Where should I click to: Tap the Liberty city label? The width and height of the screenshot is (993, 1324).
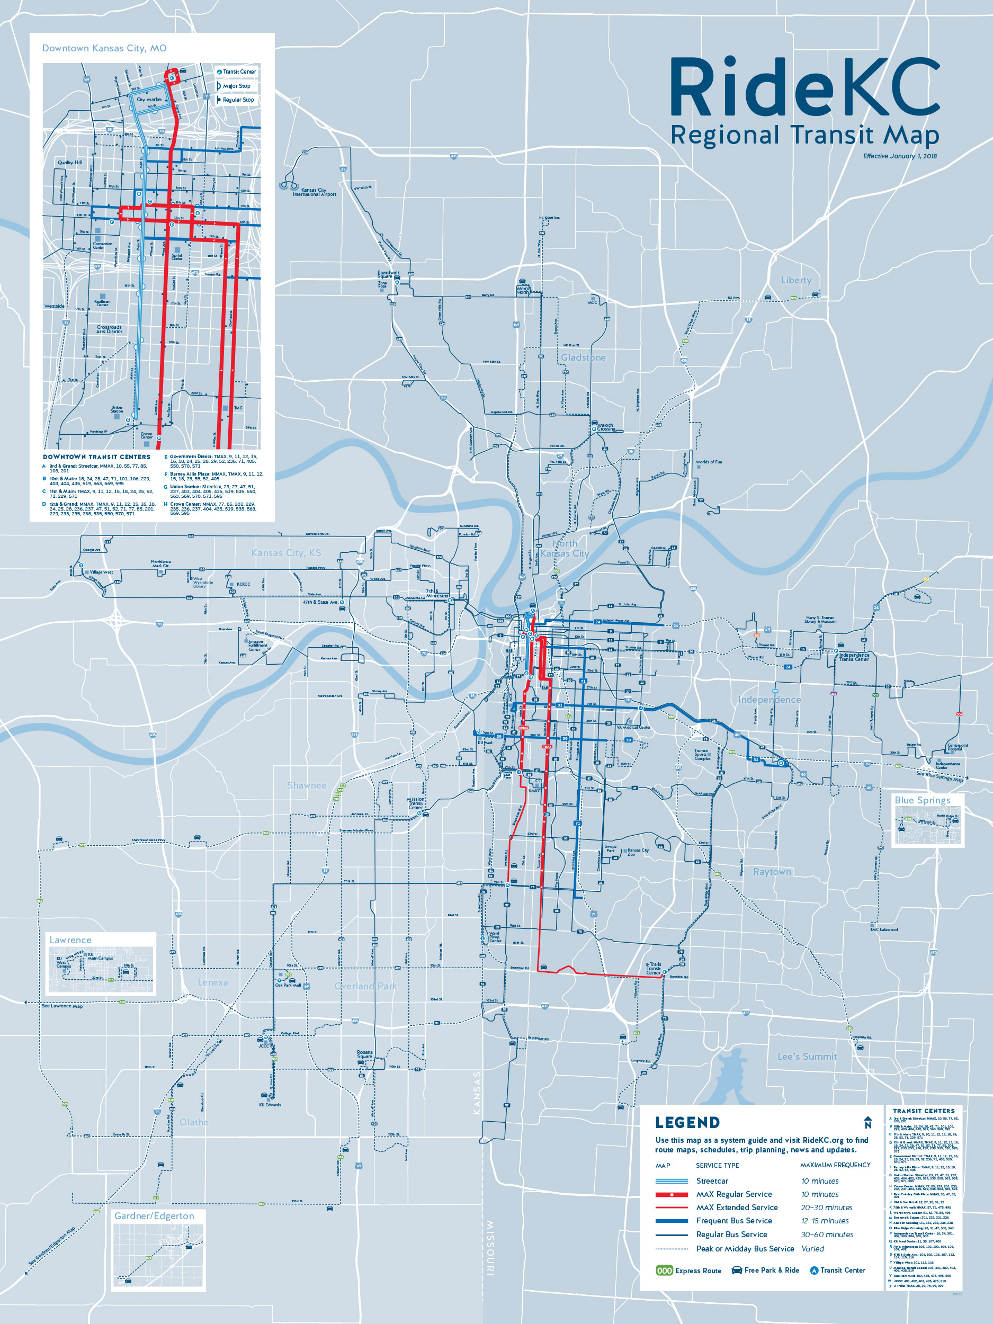(x=795, y=280)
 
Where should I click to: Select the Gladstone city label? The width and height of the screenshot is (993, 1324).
(x=583, y=357)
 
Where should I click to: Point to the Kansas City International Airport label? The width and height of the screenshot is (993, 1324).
(x=314, y=192)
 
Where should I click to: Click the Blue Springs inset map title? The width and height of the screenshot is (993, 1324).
(x=922, y=800)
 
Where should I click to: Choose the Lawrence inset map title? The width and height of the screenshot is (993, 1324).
(x=70, y=940)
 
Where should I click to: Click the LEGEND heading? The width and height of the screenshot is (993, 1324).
(x=687, y=1122)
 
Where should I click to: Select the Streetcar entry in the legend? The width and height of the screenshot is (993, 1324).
(x=712, y=1181)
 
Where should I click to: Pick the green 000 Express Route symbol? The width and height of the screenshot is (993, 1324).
(x=665, y=1270)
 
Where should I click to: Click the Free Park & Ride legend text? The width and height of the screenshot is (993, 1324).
(x=771, y=1270)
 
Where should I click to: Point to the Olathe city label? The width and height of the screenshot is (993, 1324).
(x=194, y=1122)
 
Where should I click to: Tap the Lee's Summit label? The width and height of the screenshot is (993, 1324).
(x=807, y=1057)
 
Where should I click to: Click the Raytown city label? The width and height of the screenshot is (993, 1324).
(x=772, y=872)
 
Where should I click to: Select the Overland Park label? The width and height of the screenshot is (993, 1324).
(x=365, y=986)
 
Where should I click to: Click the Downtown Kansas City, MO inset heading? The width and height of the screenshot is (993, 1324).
(x=104, y=48)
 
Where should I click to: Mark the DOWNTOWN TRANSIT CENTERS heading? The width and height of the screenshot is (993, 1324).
(x=96, y=457)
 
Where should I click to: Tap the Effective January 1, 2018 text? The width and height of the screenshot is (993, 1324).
(x=900, y=156)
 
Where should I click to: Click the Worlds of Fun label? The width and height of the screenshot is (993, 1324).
(x=709, y=462)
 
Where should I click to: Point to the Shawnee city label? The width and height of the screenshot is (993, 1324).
(x=307, y=785)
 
